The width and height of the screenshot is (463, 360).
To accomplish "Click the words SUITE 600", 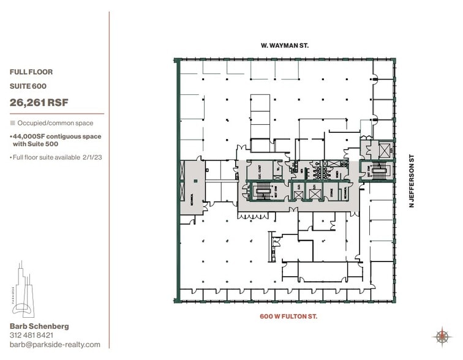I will (x=28, y=86).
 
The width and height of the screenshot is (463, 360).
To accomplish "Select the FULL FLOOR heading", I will (x=31, y=72).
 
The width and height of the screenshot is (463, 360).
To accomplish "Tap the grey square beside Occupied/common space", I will (x=12, y=123).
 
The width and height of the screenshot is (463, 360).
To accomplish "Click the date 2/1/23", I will (x=92, y=157).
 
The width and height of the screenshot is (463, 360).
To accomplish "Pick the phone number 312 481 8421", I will (x=31, y=336).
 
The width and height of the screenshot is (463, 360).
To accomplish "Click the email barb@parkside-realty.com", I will (x=55, y=345).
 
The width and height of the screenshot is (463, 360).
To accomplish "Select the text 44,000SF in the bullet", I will (x=31, y=136).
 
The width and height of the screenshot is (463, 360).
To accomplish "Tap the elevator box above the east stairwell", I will (x=385, y=149).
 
